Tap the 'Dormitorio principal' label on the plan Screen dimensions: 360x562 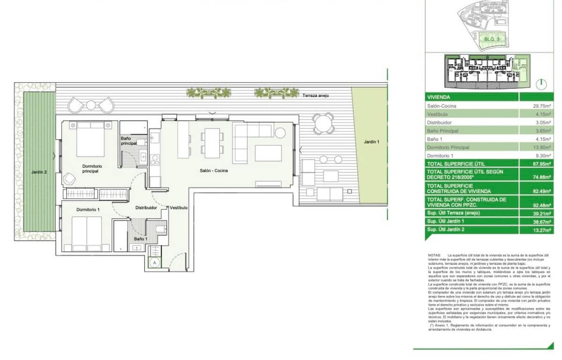(x=92, y=169)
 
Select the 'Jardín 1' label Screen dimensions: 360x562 (x=370, y=141)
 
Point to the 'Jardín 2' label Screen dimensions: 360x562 (x=39, y=172)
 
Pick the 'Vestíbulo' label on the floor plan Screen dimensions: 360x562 (x=178, y=207)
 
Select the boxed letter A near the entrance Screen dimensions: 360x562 (x=154, y=263)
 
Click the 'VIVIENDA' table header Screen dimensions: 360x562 (x=439, y=97)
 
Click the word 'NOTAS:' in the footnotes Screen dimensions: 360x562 (x=435, y=255)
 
